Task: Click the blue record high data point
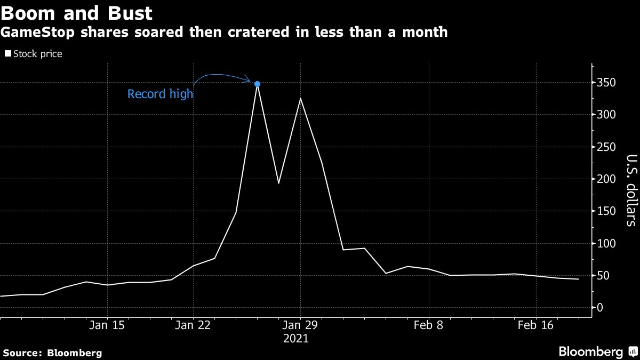point(257,84)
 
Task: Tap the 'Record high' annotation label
point(160,95)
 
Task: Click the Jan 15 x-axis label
point(107,325)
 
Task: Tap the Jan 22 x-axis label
point(193,325)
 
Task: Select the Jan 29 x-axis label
point(300,325)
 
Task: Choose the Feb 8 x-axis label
point(429,325)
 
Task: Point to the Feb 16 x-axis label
point(536,325)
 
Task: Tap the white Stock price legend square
point(7,54)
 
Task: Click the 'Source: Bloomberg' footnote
point(52,353)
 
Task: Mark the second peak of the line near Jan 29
point(300,98)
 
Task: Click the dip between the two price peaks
point(278,183)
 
